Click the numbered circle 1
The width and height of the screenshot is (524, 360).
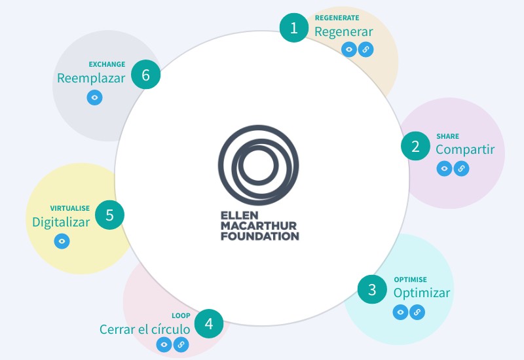[x=294, y=27]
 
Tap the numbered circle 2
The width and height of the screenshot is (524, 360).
[x=415, y=146]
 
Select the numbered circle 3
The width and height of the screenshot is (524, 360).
[x=372, y=289]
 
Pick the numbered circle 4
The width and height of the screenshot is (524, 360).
[x=209, y=323]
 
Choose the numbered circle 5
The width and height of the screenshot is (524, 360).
[x=109, y=215]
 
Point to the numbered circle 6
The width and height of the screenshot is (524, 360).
[x=145, y=75]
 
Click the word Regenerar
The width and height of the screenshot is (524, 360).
[x=343, y=32]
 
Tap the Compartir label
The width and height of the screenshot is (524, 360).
[x=465, y=150]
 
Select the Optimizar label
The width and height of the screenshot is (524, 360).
[x=421, y=293]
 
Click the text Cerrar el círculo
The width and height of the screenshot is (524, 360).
[x=145, y=329]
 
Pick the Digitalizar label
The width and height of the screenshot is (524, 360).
[x=61, y=222]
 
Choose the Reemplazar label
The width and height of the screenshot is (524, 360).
[x=91, y=78]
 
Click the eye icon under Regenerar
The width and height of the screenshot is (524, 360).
[x=349, y=50]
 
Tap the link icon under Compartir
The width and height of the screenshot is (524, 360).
[x=461, y=168]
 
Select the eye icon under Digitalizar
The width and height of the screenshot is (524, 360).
[x=62, y=241]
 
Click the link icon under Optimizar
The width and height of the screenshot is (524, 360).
[x=417, y=312]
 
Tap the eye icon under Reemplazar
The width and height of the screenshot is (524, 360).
[x=94, y=98]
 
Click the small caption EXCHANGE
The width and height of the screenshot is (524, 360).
[x=107, y=64]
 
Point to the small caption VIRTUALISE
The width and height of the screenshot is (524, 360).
[x=70, y=208]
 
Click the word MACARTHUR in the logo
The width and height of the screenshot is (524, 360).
[x=259, y=226]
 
